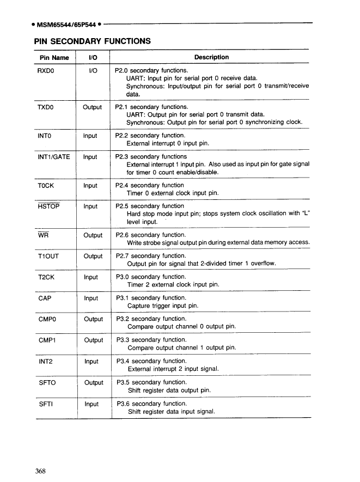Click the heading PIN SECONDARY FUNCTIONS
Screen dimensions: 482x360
click(x=92, y=40)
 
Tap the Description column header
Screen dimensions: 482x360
click(x=211, y=57)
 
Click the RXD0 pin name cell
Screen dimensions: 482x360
click(x=47, y=71)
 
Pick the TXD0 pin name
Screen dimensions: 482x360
click(x=47, y=107)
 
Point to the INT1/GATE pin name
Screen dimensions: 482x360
click(x=54, y=157)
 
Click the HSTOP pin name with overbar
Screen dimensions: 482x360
click(x=48, y=206)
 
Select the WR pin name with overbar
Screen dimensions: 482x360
click(x=43, y=235)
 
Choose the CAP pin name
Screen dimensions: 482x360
click(x=45, y=298)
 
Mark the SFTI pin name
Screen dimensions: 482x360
click(x=46, y=404)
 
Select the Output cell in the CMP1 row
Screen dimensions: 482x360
click(x=93, y=340)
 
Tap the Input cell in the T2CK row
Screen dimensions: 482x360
click(x=91, y=277)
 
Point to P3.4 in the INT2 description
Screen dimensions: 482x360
click(x=123, y=361)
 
